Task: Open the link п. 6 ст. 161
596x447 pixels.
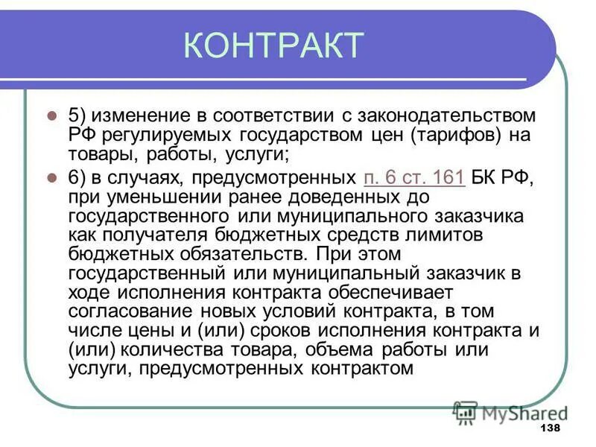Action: point(414,177)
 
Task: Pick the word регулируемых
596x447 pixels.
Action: point(161,136)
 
